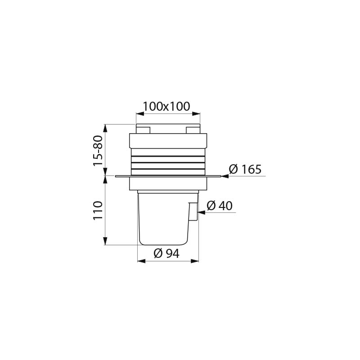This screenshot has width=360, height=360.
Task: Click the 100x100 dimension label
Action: [x=166, y=107]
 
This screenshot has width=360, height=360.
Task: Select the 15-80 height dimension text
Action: [x=98, y=150]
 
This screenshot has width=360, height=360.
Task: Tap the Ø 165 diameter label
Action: [x=245, y=170]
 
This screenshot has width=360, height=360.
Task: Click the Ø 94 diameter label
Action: [x=166, y=253]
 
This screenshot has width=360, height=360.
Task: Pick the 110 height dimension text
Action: [x=98, y=211]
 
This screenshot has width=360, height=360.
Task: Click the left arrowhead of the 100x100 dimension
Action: [x=139, y=114]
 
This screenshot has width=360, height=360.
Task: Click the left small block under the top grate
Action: [x=143, y=130]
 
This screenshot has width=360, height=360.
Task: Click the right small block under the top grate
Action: [x=192, y=130]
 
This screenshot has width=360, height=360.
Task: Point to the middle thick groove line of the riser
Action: [x=168, y=161]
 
